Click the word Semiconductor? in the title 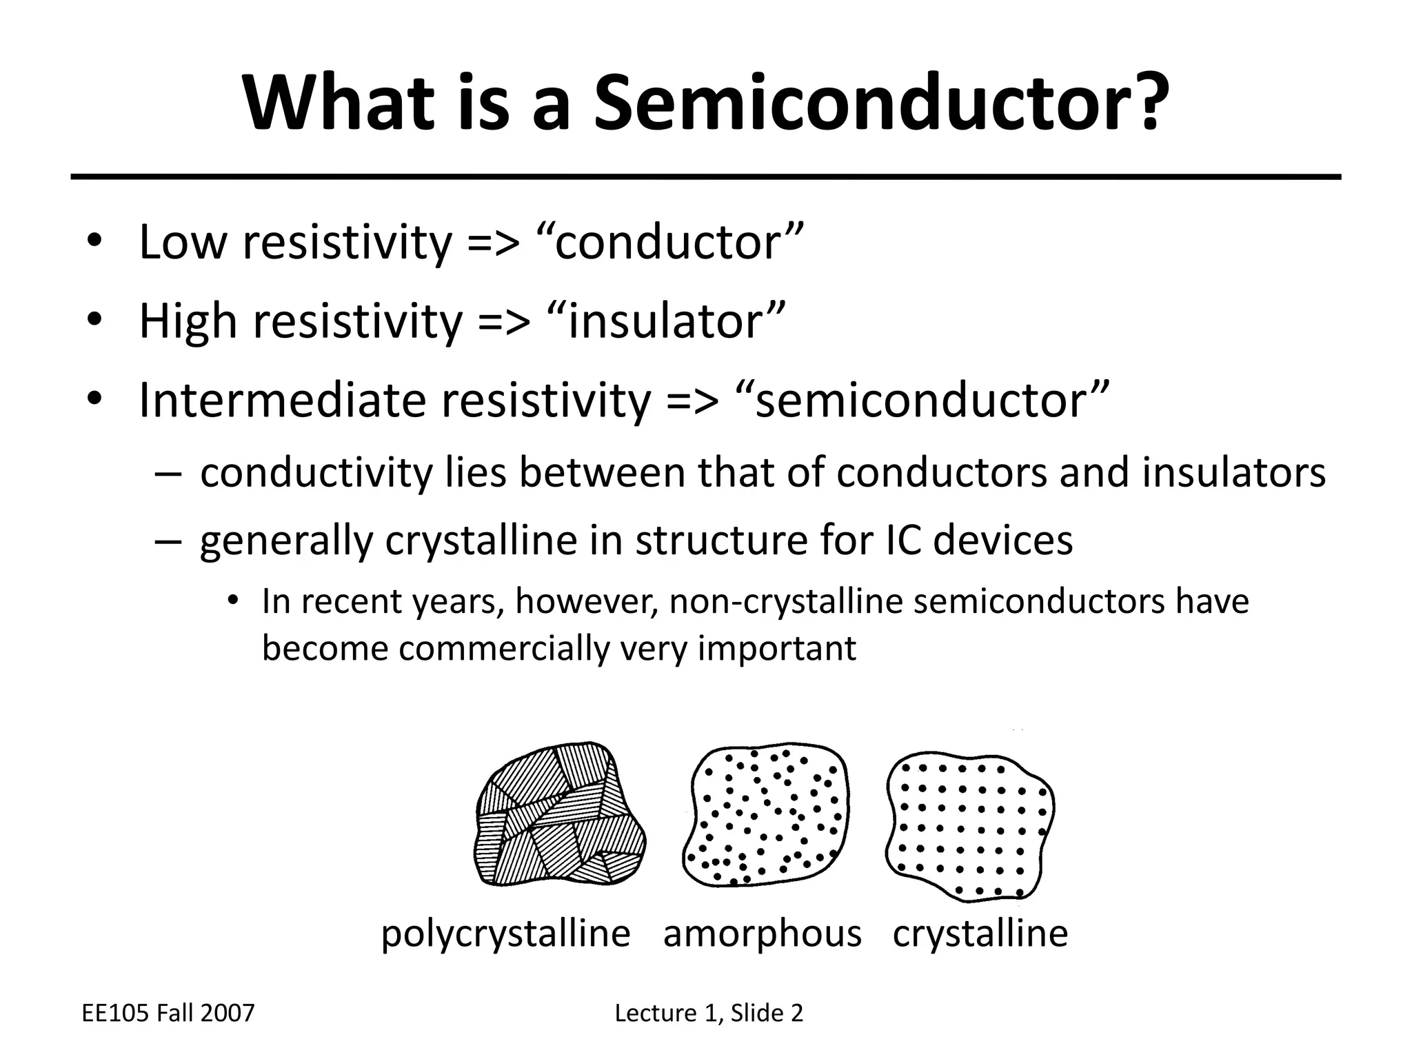882,103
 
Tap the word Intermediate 283,401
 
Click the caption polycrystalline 505,935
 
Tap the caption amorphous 763,935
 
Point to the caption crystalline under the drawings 980,934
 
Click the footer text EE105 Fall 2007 168,1013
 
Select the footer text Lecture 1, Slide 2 709,1013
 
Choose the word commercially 505,649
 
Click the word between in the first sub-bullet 602,473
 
